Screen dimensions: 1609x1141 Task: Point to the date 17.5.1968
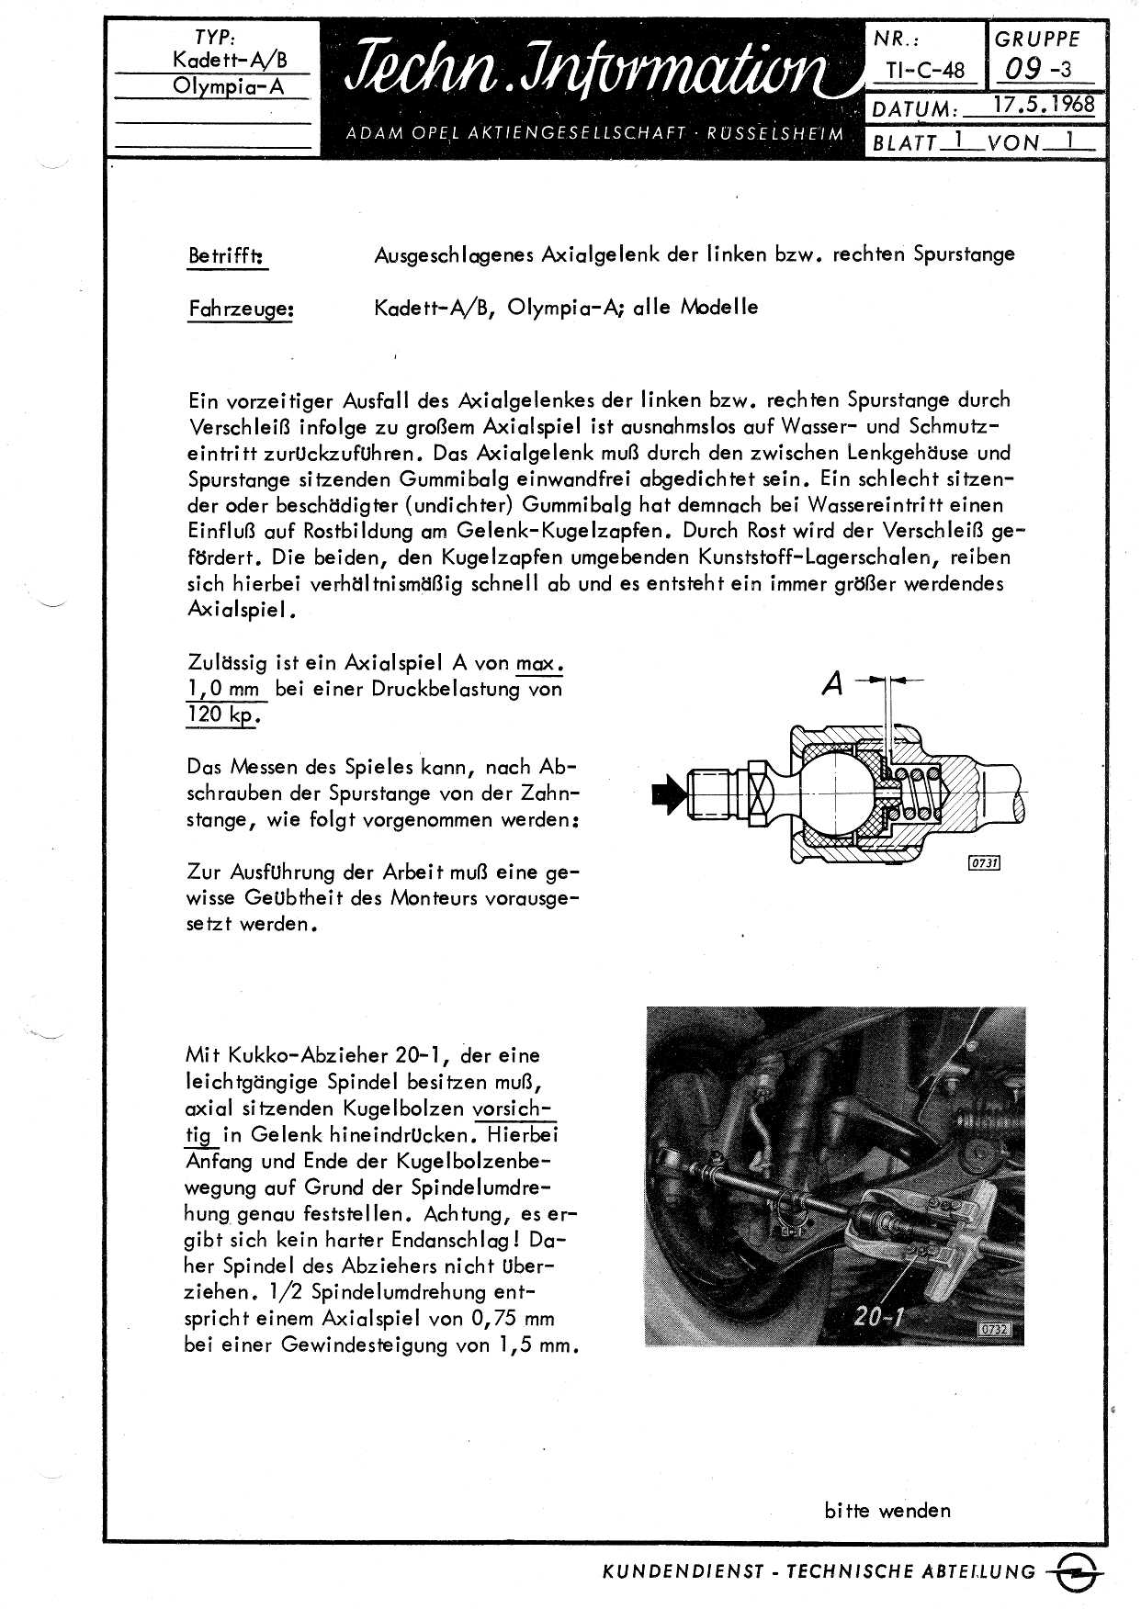pyautogui.click(x=1045, y=104)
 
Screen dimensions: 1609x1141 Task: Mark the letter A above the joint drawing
pyautogui.click(x=832, y=684)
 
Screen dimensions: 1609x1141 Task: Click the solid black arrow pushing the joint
pyautogui.click(x=668, y=793)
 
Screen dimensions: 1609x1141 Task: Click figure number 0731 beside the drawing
pyautogui.click(x=984, y=862)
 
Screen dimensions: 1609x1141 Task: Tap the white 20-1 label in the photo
pyautogui.click(x=879, y=1315)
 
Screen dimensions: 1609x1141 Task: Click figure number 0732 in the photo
pyautogui.click(x=995, y=1329)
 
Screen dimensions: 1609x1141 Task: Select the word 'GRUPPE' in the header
pyautogui.click(x=1036, y=39)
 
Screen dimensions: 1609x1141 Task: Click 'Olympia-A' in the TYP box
pyautogui.click(x=228, y=86)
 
